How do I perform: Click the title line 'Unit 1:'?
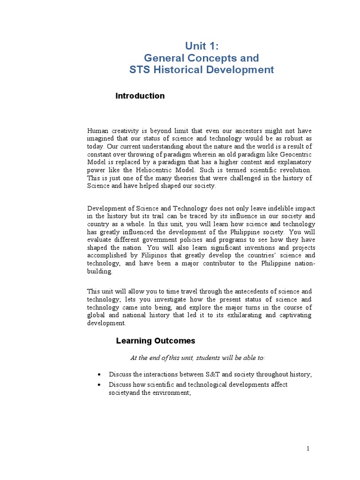coord(202,45)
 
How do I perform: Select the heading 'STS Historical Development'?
coord(202,70)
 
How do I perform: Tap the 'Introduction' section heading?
coord(140,96)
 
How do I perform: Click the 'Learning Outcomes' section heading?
coord(156,341)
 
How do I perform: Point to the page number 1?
coord(308,449)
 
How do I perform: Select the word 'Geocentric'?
coord(295,155)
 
